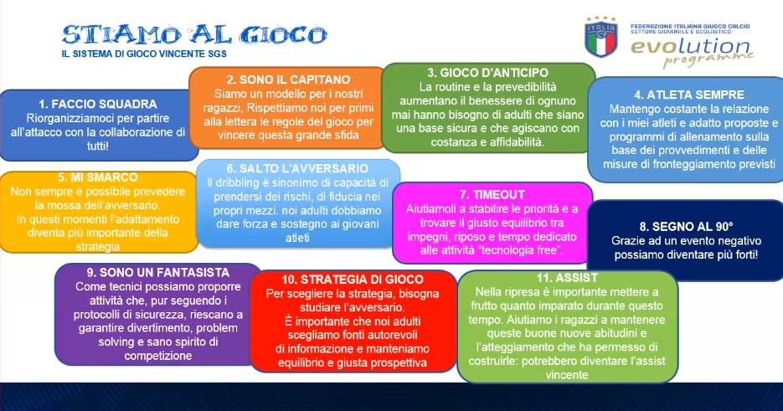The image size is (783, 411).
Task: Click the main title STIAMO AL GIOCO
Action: tap(194, 35)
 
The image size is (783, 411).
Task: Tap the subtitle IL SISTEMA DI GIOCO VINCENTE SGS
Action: tap(144, 54)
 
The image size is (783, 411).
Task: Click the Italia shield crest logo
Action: tap(601, 37)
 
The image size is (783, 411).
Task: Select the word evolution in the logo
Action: tap(690, 47)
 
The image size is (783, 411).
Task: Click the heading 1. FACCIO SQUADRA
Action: tap(98, 104)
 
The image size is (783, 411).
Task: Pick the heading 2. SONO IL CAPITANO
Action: tap(289, 80)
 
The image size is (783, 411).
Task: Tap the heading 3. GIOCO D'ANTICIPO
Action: tap(487, 73)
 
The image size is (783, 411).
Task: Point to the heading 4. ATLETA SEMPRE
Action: tap(689, 95)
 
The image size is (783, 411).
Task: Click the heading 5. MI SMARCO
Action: tap(98, 177)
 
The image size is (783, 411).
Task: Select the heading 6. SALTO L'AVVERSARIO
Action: tap(297, 168)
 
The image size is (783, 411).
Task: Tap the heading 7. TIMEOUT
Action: tap(492, 195)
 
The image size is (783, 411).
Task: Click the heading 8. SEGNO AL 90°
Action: tap(686, 227)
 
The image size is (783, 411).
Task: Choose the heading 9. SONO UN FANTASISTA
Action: tap(157, 273)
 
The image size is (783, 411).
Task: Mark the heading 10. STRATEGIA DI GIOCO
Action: tap(353, 280)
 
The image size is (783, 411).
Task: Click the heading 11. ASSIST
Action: tap(567, 278)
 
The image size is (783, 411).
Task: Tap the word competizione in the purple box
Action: tap(157, 356)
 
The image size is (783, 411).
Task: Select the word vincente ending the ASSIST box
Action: tap(567, 374)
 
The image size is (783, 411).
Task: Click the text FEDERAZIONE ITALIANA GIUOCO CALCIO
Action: tap(690, 26)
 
